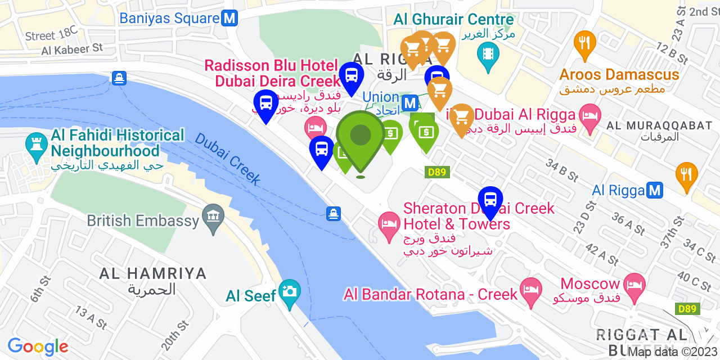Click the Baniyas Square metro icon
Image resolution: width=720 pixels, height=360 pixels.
point(229,18)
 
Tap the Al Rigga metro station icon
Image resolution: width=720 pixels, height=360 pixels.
point(654,190)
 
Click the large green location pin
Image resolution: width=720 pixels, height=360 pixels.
point(361,136)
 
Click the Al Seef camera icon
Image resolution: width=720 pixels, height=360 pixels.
point(290,291)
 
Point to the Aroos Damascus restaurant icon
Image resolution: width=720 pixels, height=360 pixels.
point(585,42)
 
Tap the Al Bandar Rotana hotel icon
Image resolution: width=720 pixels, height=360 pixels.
point(531,290)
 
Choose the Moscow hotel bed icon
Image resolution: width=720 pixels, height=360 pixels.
point(634,283)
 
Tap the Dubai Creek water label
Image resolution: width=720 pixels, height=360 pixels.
point(228,159)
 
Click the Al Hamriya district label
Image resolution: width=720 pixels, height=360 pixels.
point(152,274)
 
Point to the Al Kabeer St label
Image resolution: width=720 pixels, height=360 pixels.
point(72,49)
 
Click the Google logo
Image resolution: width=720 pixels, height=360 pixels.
point(38,346)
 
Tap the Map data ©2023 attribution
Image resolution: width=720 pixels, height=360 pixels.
point(672,352)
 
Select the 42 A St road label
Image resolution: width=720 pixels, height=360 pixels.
point(601,254)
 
